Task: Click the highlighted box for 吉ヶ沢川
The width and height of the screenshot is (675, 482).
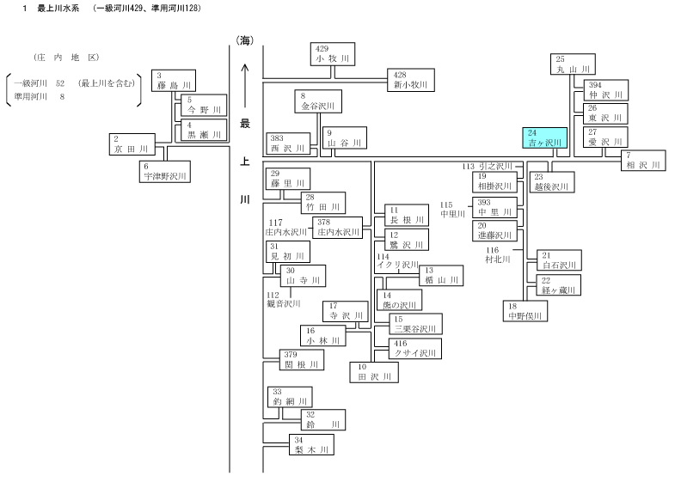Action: point(544,137)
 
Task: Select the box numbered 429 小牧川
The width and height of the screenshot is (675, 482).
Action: point(333,54)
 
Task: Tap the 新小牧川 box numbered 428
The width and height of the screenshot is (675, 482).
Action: point(411,80)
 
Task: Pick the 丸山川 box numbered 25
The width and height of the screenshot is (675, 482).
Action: point(573,64)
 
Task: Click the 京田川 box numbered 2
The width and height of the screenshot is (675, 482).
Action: point(132,144)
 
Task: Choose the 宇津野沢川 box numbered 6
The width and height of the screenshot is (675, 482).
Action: point(165,172)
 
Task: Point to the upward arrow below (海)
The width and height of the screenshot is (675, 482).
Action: point(245,86)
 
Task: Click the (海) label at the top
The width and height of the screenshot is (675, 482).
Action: point(244,40)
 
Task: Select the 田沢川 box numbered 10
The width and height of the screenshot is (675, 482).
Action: point(374,372)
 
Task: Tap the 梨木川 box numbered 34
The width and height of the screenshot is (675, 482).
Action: point(311,445)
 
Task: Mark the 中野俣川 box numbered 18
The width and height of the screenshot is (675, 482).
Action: point(525,311)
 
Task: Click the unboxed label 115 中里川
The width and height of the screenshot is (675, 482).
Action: point(452,210)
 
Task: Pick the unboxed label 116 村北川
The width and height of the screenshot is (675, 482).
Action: point(498,255)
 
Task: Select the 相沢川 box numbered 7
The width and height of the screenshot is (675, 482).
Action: point(643,161)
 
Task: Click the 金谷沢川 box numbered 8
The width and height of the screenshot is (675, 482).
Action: point(318,101)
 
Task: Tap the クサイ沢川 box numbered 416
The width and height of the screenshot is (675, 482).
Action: point(415,349)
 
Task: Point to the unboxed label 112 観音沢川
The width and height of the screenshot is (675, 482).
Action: point(283,300)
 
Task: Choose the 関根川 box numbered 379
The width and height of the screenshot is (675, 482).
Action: point(301,360)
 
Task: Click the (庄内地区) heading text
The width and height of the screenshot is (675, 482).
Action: point(66,58)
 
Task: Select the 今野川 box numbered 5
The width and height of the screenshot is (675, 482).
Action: point(204,106)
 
